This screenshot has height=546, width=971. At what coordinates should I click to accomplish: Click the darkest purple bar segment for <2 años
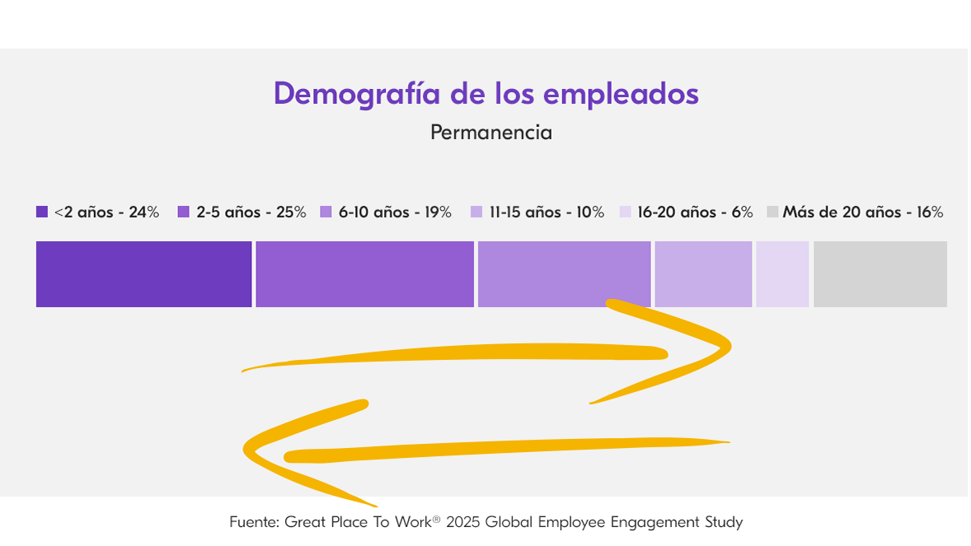tap(143, 274)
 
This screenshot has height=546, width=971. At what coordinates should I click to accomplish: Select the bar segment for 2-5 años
tap(364, 274)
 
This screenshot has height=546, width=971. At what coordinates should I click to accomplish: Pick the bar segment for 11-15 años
tap(703, 274)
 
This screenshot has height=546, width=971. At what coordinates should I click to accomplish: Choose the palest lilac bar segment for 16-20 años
tap(782, 274)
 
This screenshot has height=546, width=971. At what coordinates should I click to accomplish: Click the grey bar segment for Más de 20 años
tap(880, 274)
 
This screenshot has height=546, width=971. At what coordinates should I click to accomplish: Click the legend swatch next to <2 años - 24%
tap(42, 212)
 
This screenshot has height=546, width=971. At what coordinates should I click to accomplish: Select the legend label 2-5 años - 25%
tap(251, 212)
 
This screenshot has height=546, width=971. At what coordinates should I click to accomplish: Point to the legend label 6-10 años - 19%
tap(395, 212)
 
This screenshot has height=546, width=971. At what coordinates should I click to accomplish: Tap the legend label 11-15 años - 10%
tap(546, 212)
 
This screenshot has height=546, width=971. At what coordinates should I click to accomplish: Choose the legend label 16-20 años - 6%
tap(695, 212)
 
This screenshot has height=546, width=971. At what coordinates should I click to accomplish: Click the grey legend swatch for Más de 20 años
tap(772, 212)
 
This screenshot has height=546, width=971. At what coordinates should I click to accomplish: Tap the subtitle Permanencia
tap(491, 132)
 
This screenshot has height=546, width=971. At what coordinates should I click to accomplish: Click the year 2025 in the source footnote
tap(463, 521)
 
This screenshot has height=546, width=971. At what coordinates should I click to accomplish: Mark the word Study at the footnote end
tap(723, 521)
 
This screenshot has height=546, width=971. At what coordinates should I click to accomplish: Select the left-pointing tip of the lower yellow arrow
tap(246, 450)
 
